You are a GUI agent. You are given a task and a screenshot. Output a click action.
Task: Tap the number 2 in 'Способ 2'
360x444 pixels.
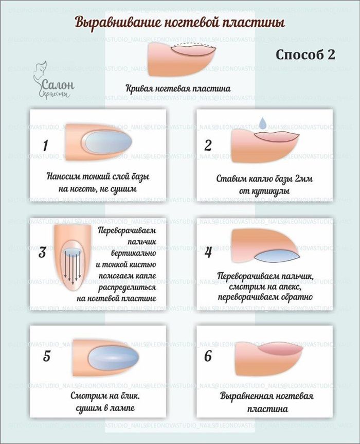tap(331, 55)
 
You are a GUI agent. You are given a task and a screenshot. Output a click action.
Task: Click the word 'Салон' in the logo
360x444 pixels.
tap(58, 84)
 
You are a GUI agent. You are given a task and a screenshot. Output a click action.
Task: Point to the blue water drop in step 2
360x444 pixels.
tap(263, 123)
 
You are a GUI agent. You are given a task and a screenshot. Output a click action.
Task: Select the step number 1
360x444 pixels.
tap(45, 146)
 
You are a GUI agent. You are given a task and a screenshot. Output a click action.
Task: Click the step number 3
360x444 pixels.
tap(42, 252)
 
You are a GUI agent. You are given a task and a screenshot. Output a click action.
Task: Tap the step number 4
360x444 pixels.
tap(208, 252)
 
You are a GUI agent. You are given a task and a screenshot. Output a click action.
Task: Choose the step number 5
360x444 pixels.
tap(46, 356)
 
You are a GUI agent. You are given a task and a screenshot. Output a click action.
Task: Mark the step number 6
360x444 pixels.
tap(208, 356)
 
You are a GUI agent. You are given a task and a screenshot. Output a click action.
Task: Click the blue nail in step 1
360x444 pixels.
tap(108, 141)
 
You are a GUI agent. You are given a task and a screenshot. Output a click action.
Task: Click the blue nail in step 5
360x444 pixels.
tap(114, 358)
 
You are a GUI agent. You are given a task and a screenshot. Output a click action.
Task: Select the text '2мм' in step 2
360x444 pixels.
tap(303, 179)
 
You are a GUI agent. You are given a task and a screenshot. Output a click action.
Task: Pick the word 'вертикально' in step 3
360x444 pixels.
tap(134, 253)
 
